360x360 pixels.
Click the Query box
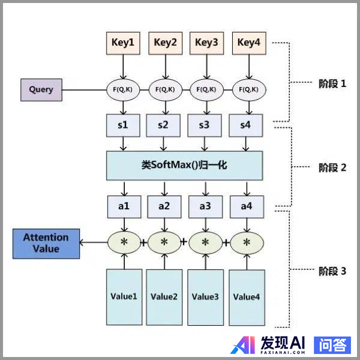[41, 90]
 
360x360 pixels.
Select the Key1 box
[123, 42]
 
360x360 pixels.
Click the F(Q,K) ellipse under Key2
[165, 90]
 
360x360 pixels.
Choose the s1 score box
[123, 125]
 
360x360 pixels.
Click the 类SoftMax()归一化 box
[185, 165]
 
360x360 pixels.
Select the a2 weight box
[164, 206]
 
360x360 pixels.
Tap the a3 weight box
[206, 206]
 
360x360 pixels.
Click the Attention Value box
[46, 243]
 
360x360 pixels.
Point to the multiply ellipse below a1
[125, 242]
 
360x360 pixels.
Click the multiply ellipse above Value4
[247, 242]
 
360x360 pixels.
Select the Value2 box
[164, 296]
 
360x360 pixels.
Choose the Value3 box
[205, 296]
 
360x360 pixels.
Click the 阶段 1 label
[332, 84]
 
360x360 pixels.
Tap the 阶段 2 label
[332, 167]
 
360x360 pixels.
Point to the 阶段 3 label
[332, 271]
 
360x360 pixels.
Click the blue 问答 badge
[332, 344]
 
